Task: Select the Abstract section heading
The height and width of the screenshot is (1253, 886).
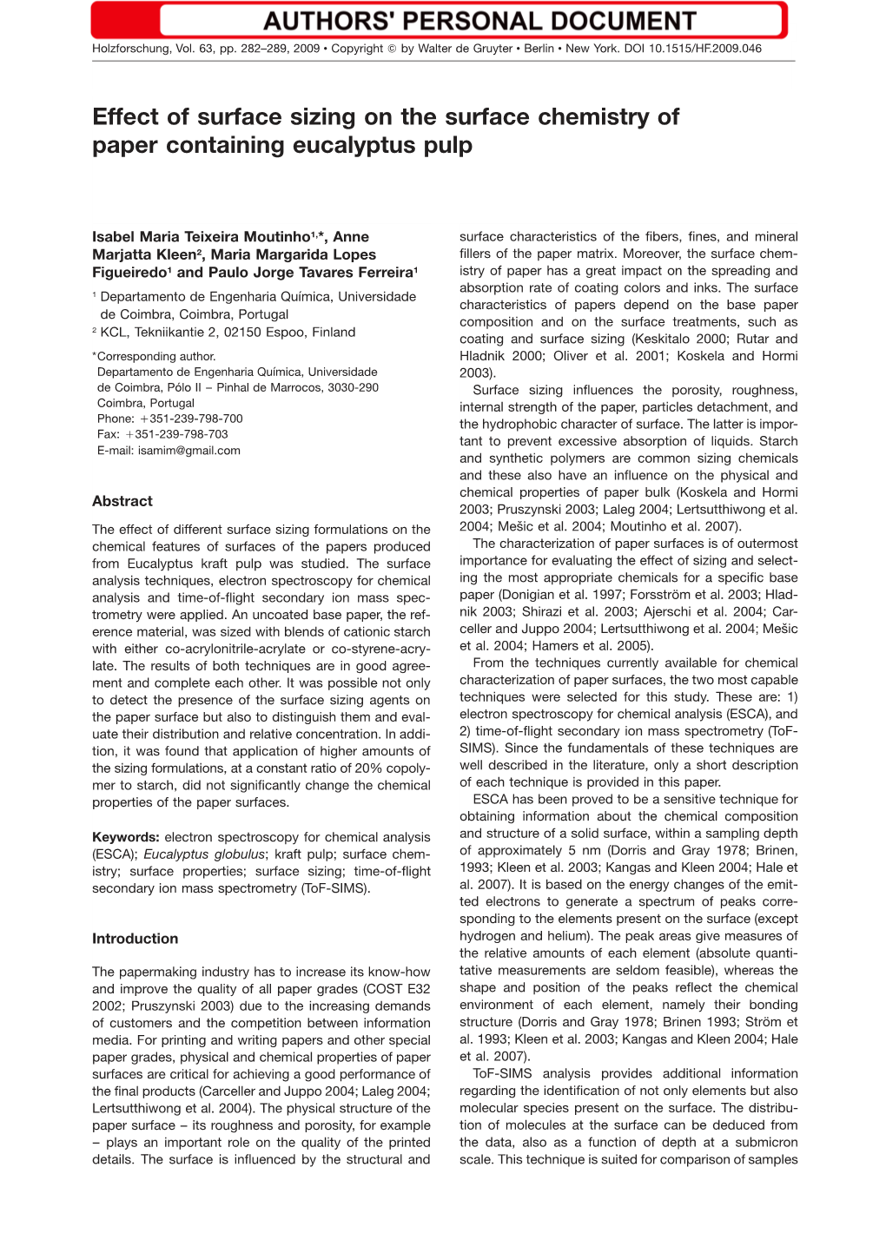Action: (122, 501)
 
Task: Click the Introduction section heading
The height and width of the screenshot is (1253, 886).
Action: (135, 939)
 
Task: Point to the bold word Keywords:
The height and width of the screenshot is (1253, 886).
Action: (126, 837)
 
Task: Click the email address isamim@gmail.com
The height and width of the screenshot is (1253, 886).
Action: (189, 451)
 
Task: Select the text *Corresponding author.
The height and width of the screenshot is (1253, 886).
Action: (154, 356)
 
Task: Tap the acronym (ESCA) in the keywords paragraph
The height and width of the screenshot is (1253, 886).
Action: (114, 854)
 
